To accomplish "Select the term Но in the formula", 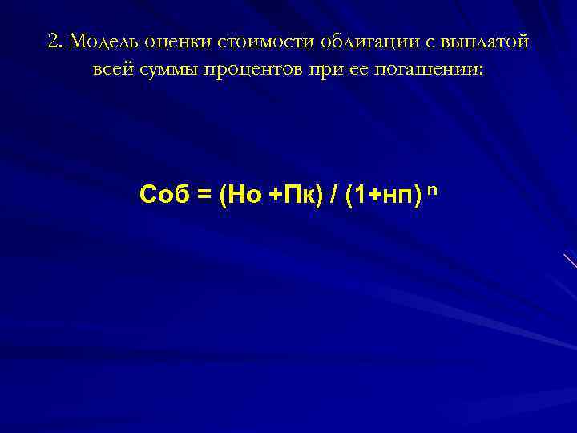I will click(243, 193).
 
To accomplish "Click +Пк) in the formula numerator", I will click(297, 193).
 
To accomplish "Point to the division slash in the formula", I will click(333, 193).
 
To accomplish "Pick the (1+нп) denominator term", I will click(384, 193).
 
